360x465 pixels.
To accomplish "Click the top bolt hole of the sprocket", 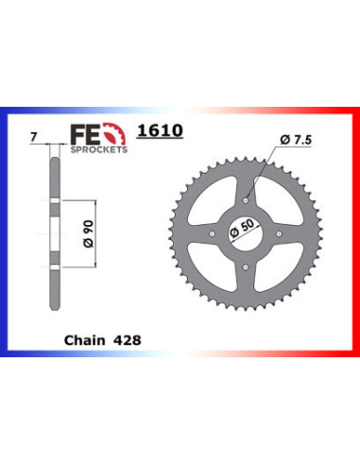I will click(x=248, y=197).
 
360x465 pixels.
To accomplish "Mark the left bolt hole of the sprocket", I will click(x=211, y=233).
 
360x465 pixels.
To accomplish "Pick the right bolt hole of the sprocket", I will click(x=284, y=233).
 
